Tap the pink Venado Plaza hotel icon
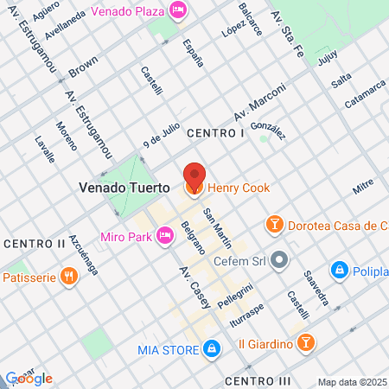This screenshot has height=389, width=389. [178, 10]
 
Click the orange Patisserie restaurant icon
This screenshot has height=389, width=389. [69, 277]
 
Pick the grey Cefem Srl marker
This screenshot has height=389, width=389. [278, 258]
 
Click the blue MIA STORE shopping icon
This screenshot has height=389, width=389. [209, 349]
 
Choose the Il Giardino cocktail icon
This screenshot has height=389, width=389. [305, 344]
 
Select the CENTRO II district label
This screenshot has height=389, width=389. [34, 243]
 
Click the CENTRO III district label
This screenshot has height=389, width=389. [258, 380]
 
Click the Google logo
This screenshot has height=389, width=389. [29, 378]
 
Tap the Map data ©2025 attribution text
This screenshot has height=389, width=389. [352, 382]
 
